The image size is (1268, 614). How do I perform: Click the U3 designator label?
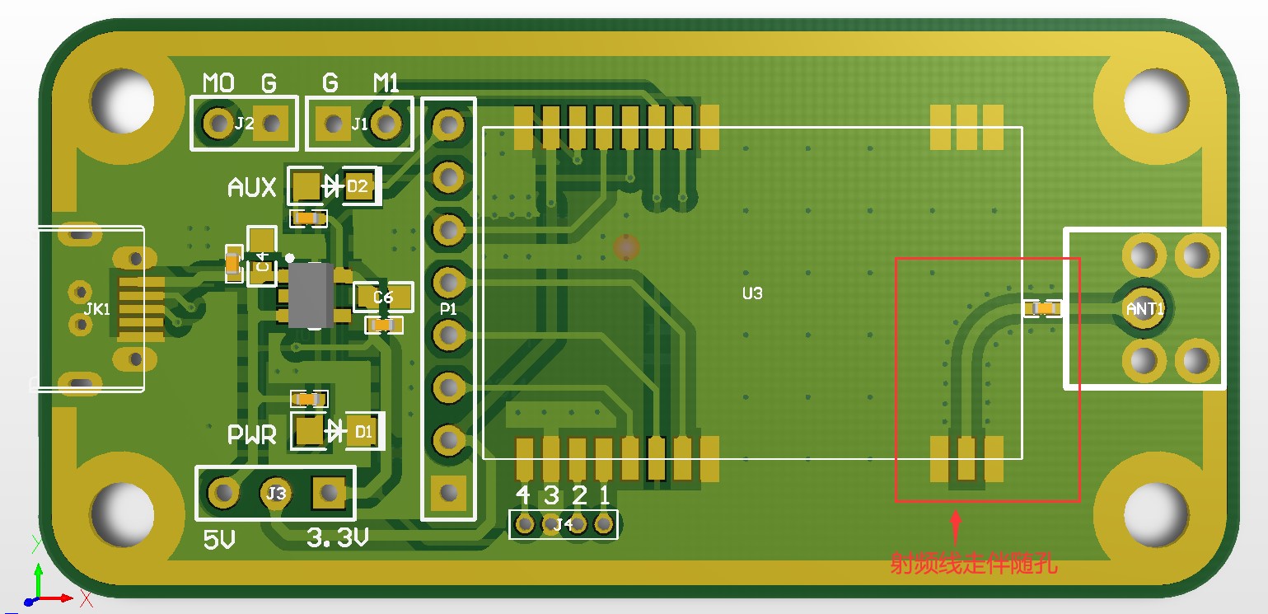[752, 293]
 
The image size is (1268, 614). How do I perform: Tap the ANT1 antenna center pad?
[1144, 308]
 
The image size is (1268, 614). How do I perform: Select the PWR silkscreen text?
[252, 434]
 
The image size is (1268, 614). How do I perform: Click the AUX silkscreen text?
[251, 188]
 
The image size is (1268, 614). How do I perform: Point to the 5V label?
[219, 540]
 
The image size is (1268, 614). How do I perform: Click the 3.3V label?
[337, 538]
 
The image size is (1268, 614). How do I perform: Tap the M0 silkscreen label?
[218, 82]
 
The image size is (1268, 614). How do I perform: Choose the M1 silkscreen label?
[386, 82]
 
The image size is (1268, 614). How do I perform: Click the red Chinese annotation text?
[974, 565]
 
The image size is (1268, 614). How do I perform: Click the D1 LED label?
[363, 431]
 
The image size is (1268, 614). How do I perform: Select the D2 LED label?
[358, 187]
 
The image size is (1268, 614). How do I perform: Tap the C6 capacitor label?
[383, 297]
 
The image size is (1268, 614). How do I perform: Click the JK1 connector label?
[96, 310]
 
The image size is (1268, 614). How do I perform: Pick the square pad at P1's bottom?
[449, 493]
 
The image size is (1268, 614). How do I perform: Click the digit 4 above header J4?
[523, 494]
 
